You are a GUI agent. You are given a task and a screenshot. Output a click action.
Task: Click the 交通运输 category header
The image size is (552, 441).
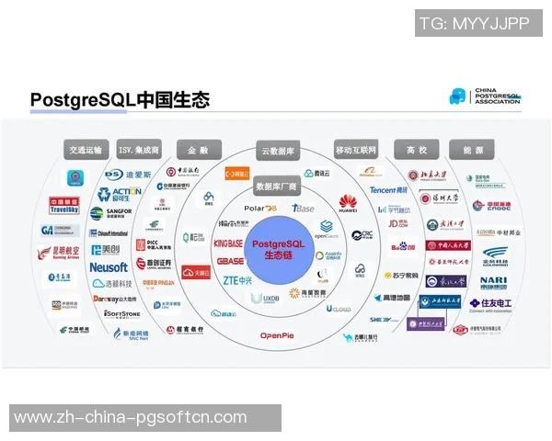pyautogui.click(x=87, y=150)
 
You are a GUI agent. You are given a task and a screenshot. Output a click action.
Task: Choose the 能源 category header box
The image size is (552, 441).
pyautogui.click(x=471, y=150)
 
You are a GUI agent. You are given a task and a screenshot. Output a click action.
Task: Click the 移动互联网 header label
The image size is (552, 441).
pyautogui.click(x=356, y=150)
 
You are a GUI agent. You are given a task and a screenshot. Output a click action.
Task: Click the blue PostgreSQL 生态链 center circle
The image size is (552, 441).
pyautogui.click(x=276, y=248)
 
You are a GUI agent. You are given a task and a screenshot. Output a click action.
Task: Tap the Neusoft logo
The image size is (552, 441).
pyautogui.click(x=109, y=266)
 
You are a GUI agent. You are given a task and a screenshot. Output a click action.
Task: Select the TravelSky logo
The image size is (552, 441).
pyautogui.click(x=64, y=208)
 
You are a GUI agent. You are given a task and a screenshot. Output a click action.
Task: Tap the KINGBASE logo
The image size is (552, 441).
pyautogui.click(x=228, y=243)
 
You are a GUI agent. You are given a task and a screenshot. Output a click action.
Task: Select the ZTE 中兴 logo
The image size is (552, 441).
pyautogui.click(x=236, y=279)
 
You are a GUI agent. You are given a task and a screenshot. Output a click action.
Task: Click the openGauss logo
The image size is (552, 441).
pyautogui.click(x=327, y=230)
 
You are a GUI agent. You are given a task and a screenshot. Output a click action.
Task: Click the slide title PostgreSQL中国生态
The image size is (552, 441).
pyautogui.click(x=120, y=99)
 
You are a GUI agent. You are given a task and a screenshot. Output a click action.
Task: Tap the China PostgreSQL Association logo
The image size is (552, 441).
pyautogui.click(x=486, y=96)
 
